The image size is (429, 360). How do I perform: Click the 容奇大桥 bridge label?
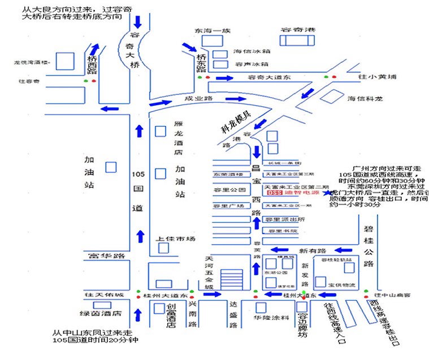point(135,51)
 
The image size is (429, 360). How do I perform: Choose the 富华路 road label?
point(106,257)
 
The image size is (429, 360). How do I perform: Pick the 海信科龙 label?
point(365,98)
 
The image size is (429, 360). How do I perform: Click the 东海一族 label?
point(209,31)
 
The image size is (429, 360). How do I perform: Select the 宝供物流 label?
point(342,285)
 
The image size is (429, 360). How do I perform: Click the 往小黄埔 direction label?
point(378,76)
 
